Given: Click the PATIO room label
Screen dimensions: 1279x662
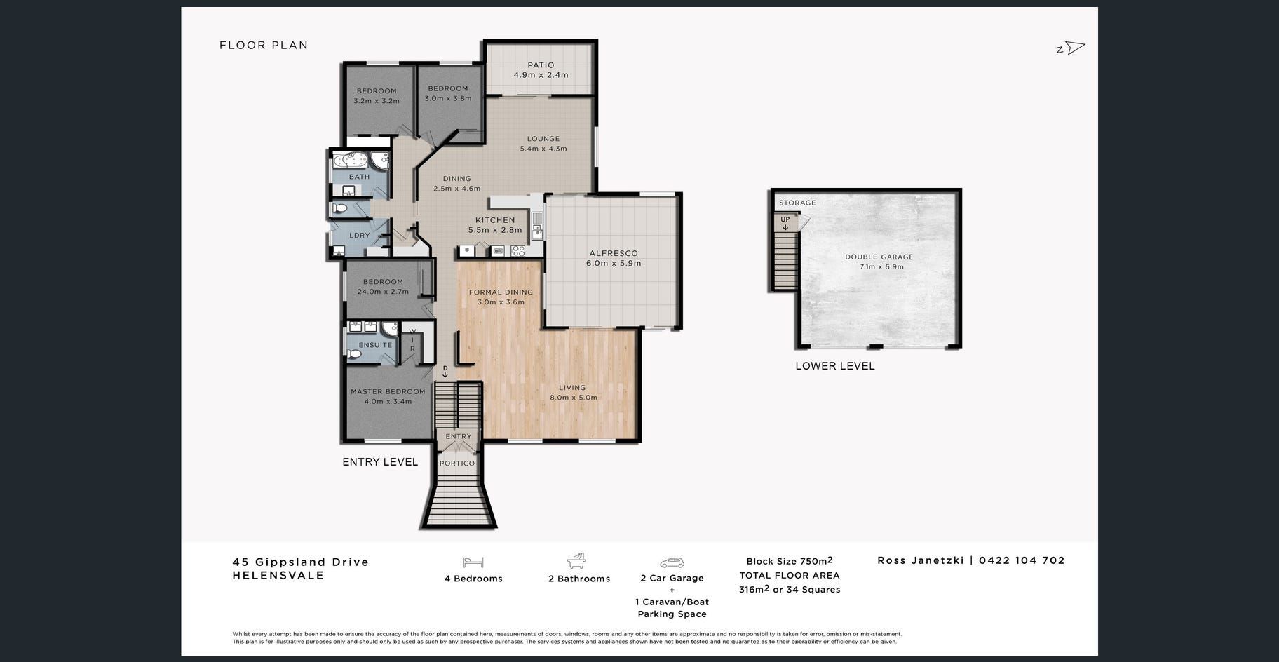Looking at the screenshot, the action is click(541, 65).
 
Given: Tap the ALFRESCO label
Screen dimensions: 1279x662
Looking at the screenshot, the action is click(614, 253).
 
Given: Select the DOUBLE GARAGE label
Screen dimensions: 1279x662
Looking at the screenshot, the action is click(879, 257).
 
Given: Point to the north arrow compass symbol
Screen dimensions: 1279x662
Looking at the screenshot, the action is click(1071, 48).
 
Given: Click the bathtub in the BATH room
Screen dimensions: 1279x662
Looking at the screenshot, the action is click(348, 160).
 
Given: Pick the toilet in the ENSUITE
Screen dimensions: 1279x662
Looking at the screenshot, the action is click(354, 355).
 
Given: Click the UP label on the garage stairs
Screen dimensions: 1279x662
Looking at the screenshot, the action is click(785, 219).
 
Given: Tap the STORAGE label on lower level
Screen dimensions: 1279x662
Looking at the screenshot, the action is click(797, 203).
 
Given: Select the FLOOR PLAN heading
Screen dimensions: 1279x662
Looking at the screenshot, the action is click(264, 45).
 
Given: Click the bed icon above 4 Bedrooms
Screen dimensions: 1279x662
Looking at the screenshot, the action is click(473, 562).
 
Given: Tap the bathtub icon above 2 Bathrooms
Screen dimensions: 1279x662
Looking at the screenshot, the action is click(577, 561).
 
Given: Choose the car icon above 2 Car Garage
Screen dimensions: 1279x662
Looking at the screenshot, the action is click(672, 562).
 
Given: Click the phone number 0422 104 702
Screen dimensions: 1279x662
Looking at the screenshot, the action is click(1022, 560).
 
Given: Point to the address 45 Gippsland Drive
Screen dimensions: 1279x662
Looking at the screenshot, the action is click(301, 562).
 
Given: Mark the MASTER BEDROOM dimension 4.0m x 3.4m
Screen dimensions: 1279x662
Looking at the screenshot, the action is click(388, 401).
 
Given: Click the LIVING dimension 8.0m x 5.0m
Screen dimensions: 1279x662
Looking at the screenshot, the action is click(573, 397).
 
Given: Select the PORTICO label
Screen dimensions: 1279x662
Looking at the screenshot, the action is click(457, 463).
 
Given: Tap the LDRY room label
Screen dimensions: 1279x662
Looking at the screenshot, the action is click(359, 236).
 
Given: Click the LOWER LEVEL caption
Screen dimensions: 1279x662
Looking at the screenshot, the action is click(835, 365).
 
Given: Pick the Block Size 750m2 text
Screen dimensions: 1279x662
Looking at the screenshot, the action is click(790, 560).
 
